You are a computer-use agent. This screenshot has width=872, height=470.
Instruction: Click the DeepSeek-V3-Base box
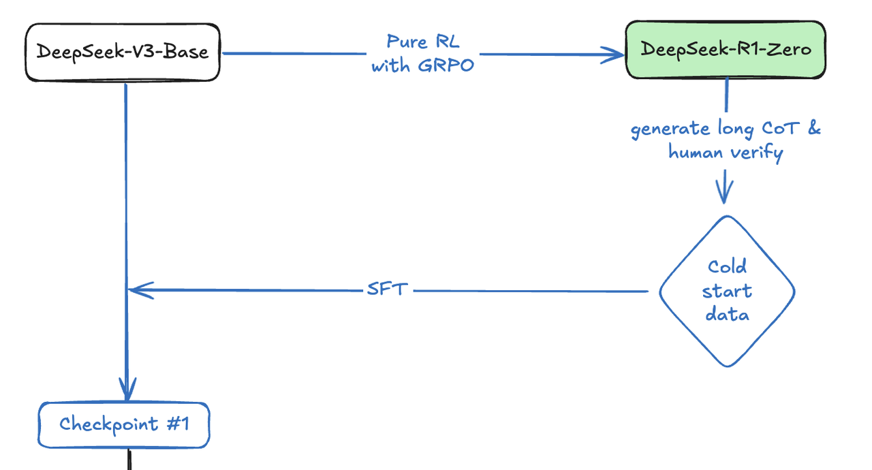pyautogui.click(x=123, y=52)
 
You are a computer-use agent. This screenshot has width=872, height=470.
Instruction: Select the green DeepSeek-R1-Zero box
pyautogui.click(x=726, y=50)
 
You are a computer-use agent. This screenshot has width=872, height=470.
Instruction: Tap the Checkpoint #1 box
pyautogui.click(x=123, y=425)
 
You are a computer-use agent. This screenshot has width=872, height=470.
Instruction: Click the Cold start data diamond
pyautogui.click(x=727, y=291)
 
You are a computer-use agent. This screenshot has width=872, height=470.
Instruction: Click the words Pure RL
pyautogui.click(x=423, y=42)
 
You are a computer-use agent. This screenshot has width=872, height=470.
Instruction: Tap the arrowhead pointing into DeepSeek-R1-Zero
pyautogui.click(x=613, y=55)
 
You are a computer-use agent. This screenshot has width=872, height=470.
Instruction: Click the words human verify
pyautogui.click(x=726, y=153)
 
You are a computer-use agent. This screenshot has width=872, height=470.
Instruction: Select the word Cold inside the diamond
pyautogui.click(x=727, y=266)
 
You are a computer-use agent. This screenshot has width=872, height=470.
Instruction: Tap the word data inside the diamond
pyautogui.click(x=727, y=315)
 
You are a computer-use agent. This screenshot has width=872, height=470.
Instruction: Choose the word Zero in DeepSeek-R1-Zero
pyautogui.click(x=788, y=50)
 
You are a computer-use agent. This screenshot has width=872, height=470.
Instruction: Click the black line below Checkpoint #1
pyautogui.click(x=128, y=459)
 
